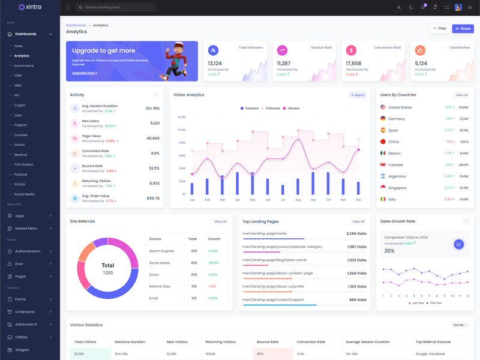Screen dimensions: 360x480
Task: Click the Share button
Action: coord(463,28)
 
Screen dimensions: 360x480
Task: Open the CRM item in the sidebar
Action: coord(18,76)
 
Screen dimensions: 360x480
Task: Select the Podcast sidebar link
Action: coord(20,175)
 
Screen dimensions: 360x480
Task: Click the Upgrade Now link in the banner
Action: coord(84,73)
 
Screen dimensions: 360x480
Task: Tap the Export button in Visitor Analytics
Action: coord(358,95)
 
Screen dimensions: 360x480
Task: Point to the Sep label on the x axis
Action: coord(313,200)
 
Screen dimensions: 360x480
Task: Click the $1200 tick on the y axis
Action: coord(181,118)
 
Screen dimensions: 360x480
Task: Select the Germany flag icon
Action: coord(383,119)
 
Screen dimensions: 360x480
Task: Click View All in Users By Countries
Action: coord(461,95)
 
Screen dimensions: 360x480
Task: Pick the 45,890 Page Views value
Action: coord(153,139)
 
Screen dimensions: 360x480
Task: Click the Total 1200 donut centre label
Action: coord(108,268)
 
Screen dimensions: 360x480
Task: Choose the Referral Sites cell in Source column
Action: coord(160,286)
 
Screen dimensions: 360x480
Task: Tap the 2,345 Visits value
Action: coord(356,233)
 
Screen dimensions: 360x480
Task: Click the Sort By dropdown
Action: coord(460,325)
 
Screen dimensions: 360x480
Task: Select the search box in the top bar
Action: coord(117,7)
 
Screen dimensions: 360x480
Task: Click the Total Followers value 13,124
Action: coord(215,63)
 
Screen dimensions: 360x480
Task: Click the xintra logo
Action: coord(30,7)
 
